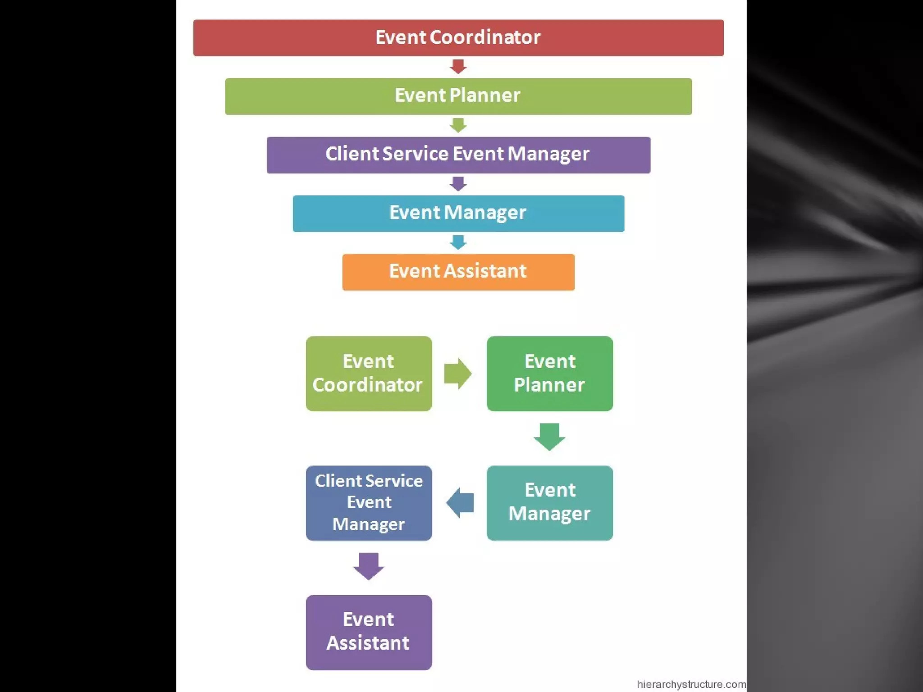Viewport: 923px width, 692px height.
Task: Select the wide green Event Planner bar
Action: point(458,96)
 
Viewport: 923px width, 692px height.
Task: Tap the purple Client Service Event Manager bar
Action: point(458,155)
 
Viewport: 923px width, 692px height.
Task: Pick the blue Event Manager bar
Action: point(458,213)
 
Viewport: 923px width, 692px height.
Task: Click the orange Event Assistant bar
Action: point(458,272)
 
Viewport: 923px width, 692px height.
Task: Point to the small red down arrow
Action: point(458,67)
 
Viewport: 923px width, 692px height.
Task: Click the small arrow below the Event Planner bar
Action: point(458,125)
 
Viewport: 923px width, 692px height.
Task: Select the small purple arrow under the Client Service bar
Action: point(458,184)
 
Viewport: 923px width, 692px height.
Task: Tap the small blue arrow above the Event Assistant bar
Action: point(458,242)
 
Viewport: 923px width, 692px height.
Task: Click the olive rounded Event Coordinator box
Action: point(369,373)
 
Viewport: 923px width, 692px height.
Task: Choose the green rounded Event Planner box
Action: point(549,373)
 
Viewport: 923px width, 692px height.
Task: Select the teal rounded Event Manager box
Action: point(549,503)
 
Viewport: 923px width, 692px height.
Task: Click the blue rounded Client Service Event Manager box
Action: point(369,503)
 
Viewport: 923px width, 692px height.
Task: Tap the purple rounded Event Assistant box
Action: point(369,632)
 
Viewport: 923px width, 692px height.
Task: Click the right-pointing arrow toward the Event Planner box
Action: point(458,373)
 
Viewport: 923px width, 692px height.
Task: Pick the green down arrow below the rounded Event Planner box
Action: point(549,437)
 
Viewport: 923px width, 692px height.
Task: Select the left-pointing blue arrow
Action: point(460,503)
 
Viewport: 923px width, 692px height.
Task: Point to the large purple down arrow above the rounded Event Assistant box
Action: point(369,566)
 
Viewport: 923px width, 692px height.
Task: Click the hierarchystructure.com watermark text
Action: point(691,684)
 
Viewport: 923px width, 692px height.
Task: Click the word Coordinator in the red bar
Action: point(485,37)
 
